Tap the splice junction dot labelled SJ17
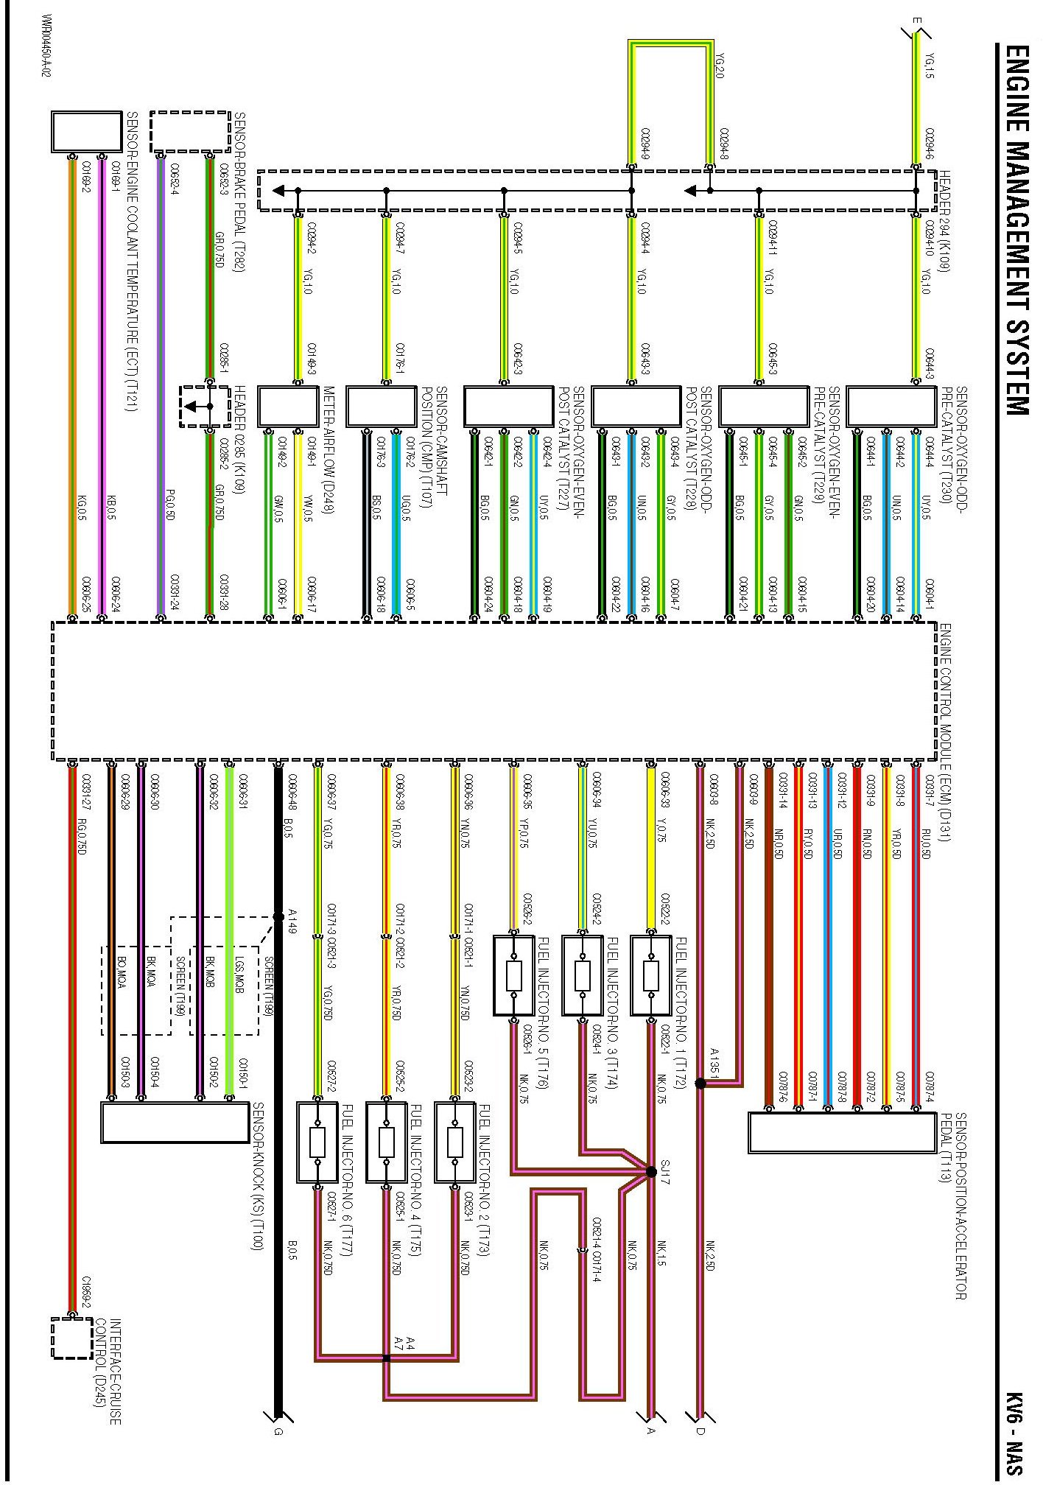click(x=651, y=1171)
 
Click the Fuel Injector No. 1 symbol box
click(x=651, y=976)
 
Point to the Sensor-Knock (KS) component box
click(x=175, y=1123)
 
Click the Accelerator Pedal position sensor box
click(x=842, y=1132)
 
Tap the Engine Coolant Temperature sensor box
click(x=86, y=132)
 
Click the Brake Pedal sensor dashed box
click(x=190, y=132)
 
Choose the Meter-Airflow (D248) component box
click(x=288, y=406)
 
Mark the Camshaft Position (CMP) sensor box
click(x=382, y=406)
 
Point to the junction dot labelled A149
click(x=278, y=917)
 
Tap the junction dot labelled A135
click(x=700, y=1083)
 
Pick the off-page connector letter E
click(x=916, y=21)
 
